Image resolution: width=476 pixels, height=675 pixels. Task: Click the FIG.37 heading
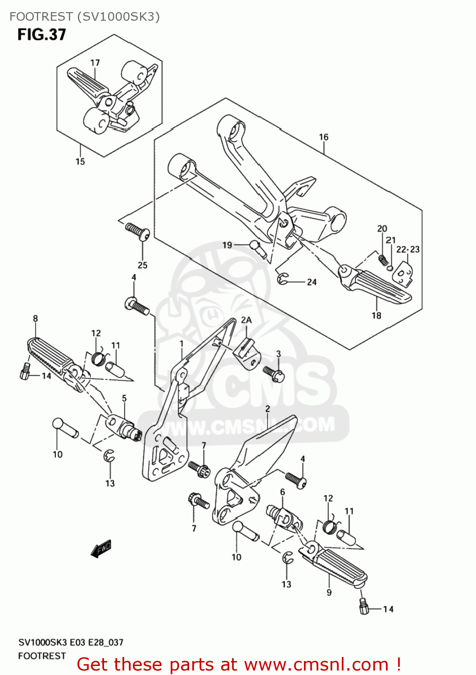pyautogui.click(x=42, y=35)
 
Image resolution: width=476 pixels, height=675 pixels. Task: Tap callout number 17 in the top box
pyautogui.click(x=95, y=63)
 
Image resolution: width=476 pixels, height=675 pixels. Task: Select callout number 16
pyautogui.click(x=324, y=137)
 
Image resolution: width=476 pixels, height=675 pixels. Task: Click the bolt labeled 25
pyautogui.click(x=138, y=231)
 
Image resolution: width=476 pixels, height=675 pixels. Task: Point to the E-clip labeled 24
pyautogui.click(x=283, y=279)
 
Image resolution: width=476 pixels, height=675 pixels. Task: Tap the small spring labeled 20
pyautogui.click(x=383, y=259)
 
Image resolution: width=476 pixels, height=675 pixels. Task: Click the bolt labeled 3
pyautogui.click(x=273, y=373)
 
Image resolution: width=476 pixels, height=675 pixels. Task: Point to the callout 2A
pyautogui.click(x=246, y=320)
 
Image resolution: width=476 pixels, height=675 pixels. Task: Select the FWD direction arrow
pyautogui.click(x=101, y=549)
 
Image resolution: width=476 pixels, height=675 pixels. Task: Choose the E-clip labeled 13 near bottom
pyautogui.click(x=288, y=558)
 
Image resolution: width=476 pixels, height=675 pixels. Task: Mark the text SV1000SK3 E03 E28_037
pyautogui.click(x=71, y=642)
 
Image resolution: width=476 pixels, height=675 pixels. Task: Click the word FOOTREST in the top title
pyautogui.click(x=41, y=17)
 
